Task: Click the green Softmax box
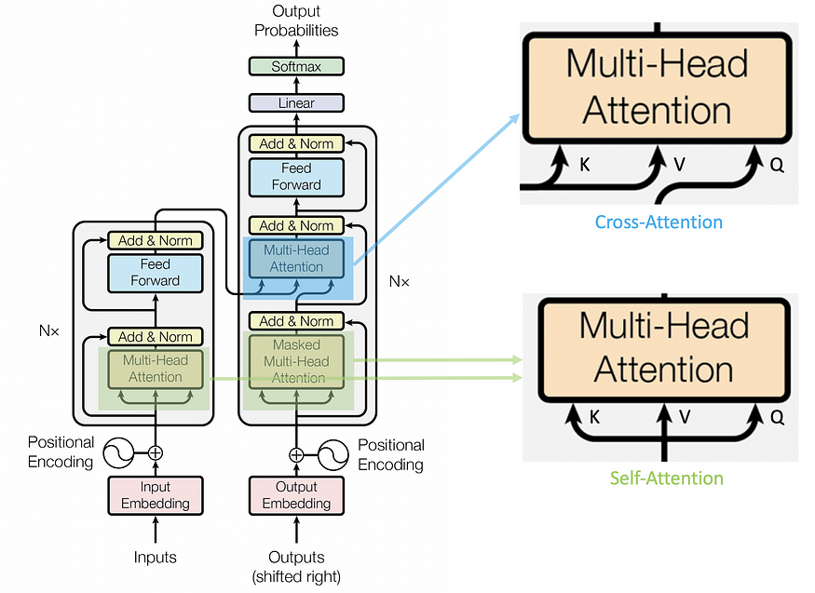[296, 66]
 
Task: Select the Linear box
[296, 102]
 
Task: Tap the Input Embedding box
[156, 495]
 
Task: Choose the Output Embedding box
[296, 495]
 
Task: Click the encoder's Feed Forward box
[156, 273]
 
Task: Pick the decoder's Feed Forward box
[296, 177]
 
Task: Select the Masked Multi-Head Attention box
[296, 361]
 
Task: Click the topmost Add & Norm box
[296, 144]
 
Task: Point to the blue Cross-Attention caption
[659, 222]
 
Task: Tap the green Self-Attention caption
[666, 478]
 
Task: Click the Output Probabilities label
[296, 20]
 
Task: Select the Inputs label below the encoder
[155, 558]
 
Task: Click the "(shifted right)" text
[296, 577]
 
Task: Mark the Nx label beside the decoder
[400, 281]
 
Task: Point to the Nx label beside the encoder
[48, 330]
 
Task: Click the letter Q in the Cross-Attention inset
[777, 165]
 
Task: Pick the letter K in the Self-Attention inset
[594, 417]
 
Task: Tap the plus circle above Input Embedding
[156, 452]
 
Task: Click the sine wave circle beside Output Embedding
[333, 455]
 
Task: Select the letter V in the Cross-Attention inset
[679, 165]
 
